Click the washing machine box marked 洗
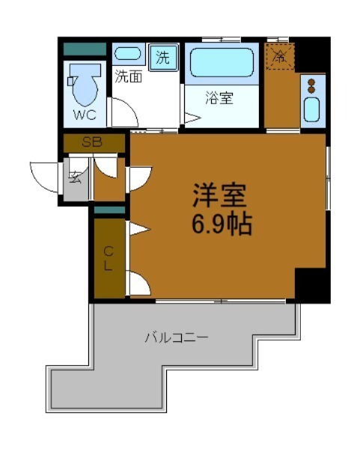(x=162, y=56)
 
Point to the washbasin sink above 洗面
(x=128, y=55)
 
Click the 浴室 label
(x=220, y=97)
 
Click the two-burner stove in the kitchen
(x=312, y=87)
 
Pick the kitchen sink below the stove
(x=312, y=112)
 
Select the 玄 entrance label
(x=76, y=178)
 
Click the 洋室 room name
(x=219, y=196)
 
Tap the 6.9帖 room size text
(x=221, y=222)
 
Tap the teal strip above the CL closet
(x=109, y=210)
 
